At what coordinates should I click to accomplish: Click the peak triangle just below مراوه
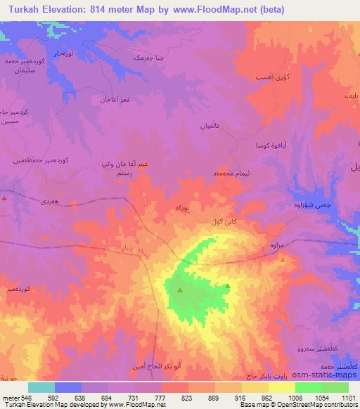[283, 259]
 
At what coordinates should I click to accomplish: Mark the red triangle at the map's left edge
[5, 198]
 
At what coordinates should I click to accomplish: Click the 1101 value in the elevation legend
[349, 397]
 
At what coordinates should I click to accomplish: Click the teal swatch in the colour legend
[41, 387]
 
